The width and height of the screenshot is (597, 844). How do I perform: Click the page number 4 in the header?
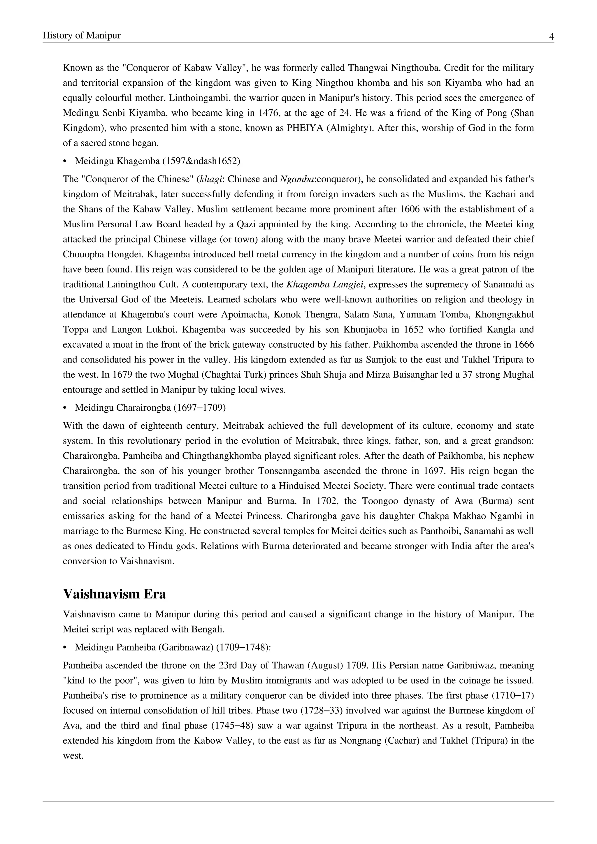[x=552, y=36]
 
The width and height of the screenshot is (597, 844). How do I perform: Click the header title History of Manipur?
[x=82, y=35]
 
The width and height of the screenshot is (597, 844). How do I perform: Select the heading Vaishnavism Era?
[x=114, y=594]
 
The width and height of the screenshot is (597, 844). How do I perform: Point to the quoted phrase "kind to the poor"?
[x=100, y=681]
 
